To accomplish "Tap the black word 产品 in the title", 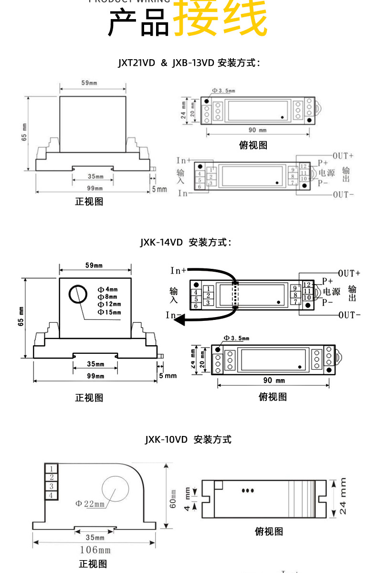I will [138, 23].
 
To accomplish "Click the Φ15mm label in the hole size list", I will [109, 312].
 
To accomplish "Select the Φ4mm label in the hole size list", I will [107, 289].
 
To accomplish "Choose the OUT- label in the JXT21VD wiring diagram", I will [343, 194].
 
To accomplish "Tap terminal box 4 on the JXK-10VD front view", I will [52, 495].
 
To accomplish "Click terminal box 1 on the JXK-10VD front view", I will [52, 468].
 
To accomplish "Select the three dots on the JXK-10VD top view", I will [248, 490].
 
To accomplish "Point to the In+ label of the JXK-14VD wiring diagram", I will [178, 271].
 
